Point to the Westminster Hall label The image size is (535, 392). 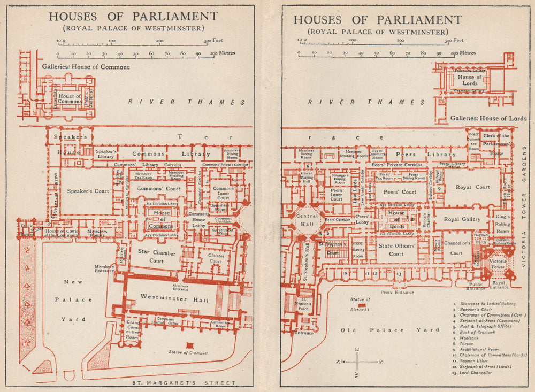coord(171,298)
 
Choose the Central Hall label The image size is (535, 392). coord(303,220)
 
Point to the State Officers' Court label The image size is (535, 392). coord(396,250)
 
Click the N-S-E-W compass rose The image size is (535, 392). coord(358,362)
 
